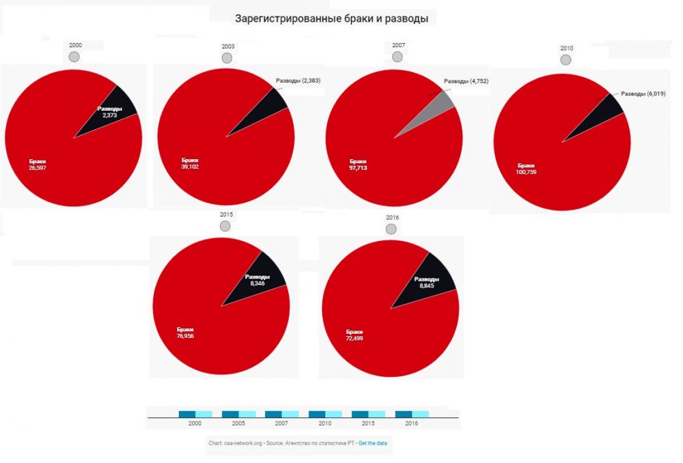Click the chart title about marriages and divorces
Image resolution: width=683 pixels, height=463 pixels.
click(x=331, y=19)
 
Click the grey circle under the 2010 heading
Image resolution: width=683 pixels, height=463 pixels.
click(x=566, y=59)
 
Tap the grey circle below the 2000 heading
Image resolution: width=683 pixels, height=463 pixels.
click(x=74, y=55)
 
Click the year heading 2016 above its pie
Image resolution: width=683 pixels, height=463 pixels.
click(x=392, y=217)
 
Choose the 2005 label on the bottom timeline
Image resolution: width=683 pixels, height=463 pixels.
click(x=239, y=423)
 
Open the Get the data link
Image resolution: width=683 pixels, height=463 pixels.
click(x=373, y=443)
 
